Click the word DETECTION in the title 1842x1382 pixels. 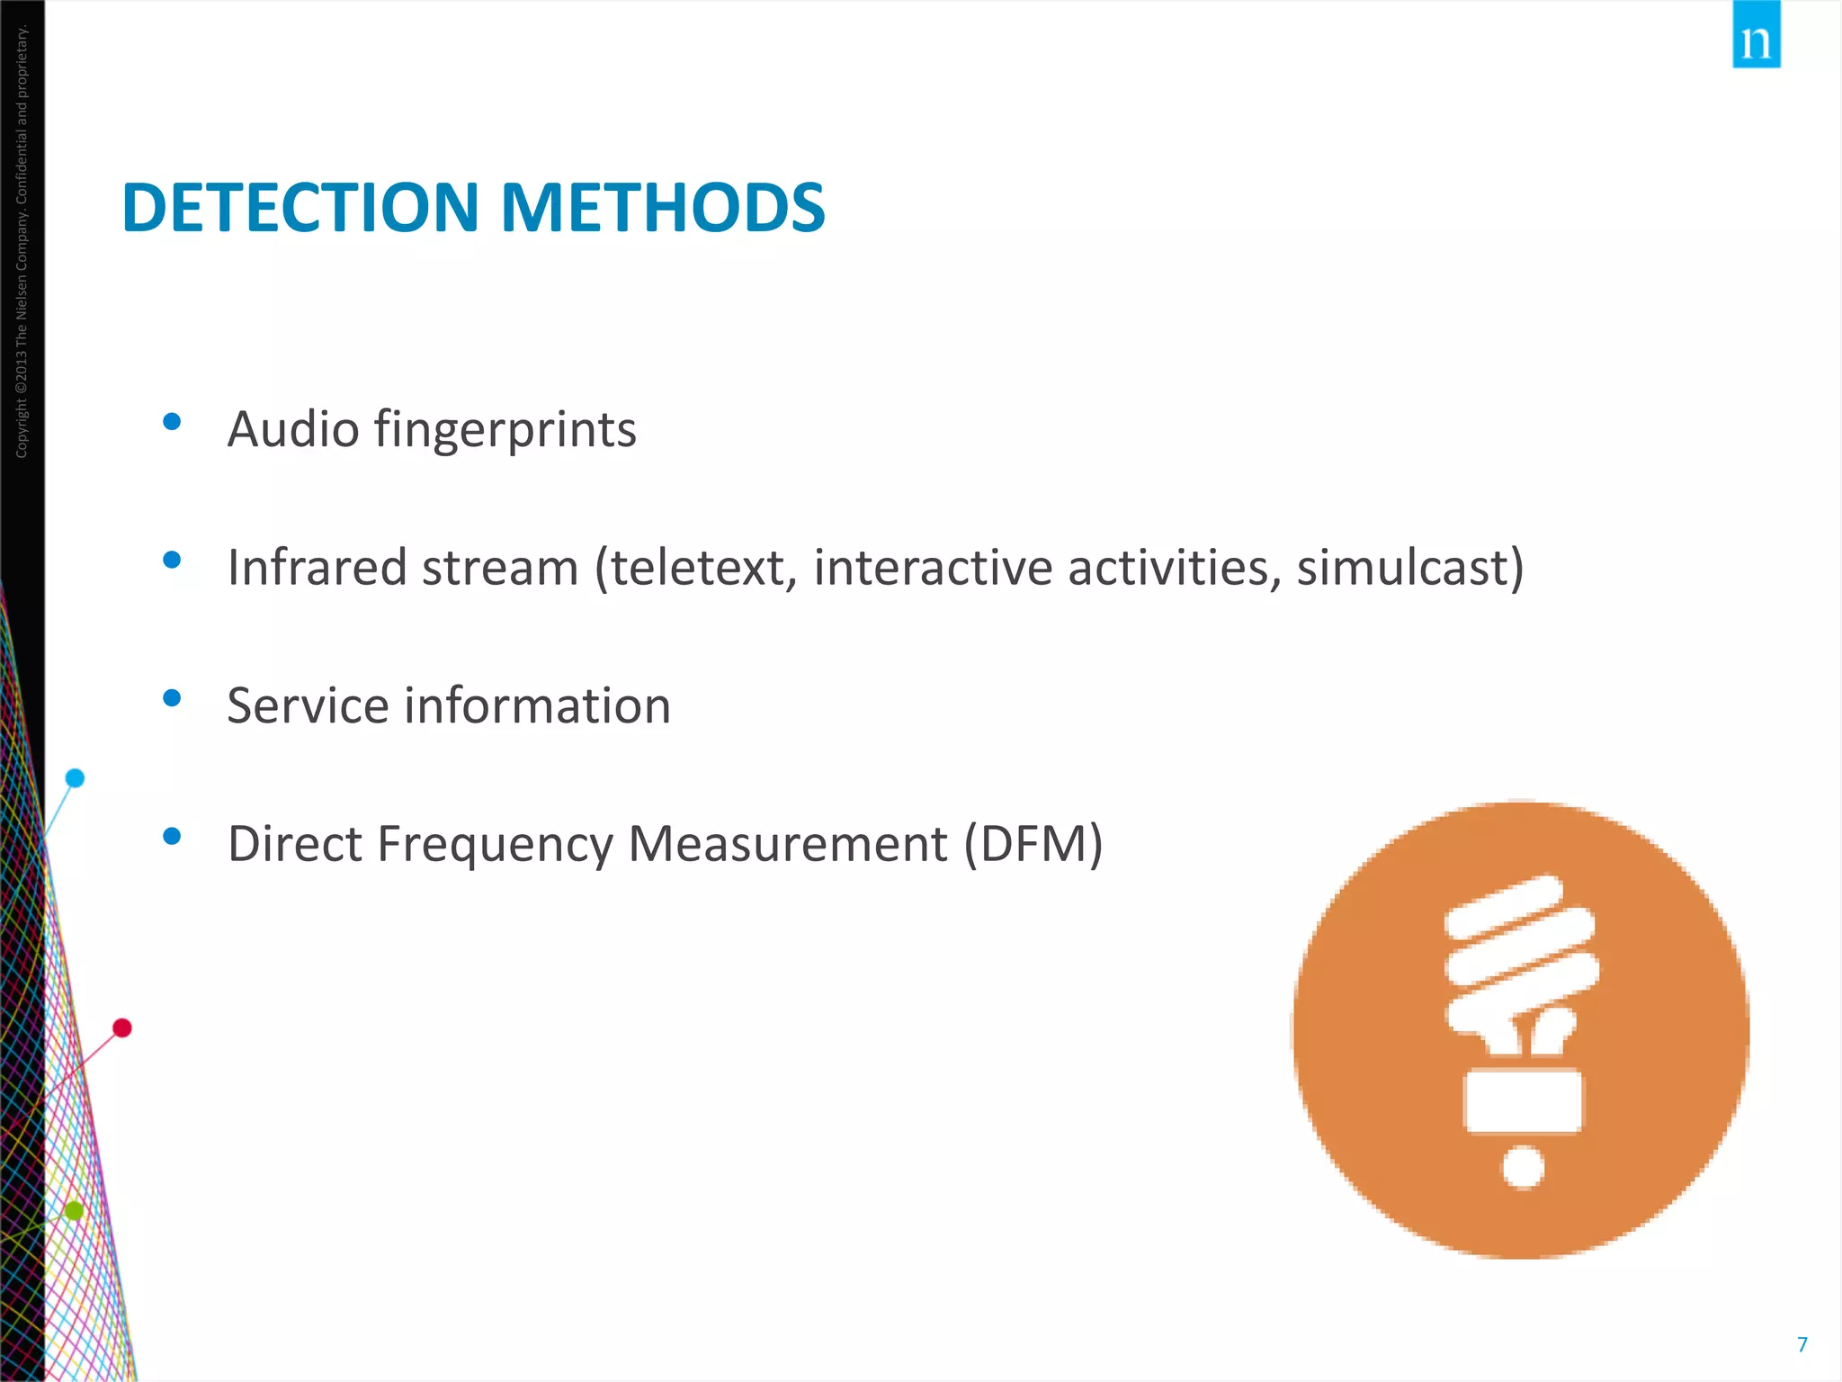click(300, 208)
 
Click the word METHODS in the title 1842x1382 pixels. click(662, 208)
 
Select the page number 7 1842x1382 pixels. click(1802, 1344)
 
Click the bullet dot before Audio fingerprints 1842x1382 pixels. click(172, 422)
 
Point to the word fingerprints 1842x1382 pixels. click(505, 429)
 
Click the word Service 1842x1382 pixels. click(308, 705)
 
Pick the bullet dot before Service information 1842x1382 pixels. click(172, 698)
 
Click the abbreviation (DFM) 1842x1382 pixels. click(1033, 844)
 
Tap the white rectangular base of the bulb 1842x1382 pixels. click(1522, 1099)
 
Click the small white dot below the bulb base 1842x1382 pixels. click(1523, 1167)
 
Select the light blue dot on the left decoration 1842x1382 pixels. click(76, 778)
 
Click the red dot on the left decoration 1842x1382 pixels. click(122, 1028)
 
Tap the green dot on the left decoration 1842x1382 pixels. click(74, 1211)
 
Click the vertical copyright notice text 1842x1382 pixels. click(22, 243)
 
